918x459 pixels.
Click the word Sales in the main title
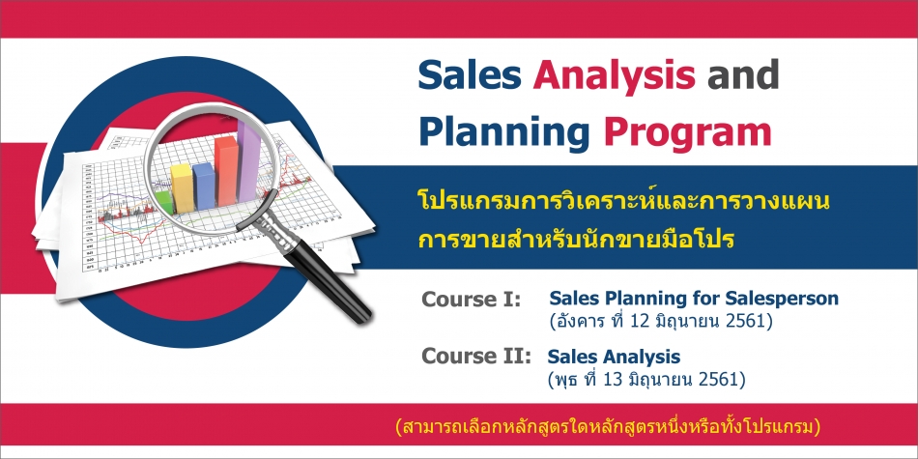(470, 75)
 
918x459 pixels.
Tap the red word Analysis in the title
(615, 76)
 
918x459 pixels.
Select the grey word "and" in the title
(743, 75)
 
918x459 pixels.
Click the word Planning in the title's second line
(503, 133)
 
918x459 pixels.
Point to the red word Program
(688, 134)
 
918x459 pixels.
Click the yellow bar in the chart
(182, 187)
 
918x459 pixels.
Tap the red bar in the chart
(226, 170)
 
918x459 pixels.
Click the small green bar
(165, 203)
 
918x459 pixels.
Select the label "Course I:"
(472, 300)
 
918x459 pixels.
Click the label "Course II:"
(476, 356)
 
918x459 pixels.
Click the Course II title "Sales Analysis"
(615, 357)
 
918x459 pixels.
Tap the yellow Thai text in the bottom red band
(608, 427)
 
